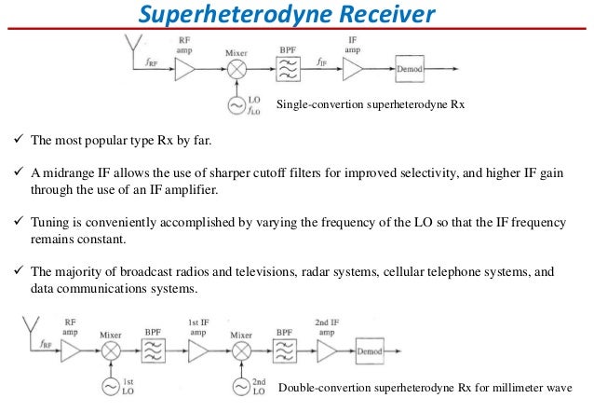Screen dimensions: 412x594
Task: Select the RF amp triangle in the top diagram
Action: click(185, 71)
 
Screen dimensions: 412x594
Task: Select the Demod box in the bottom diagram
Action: click(372, 351)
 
